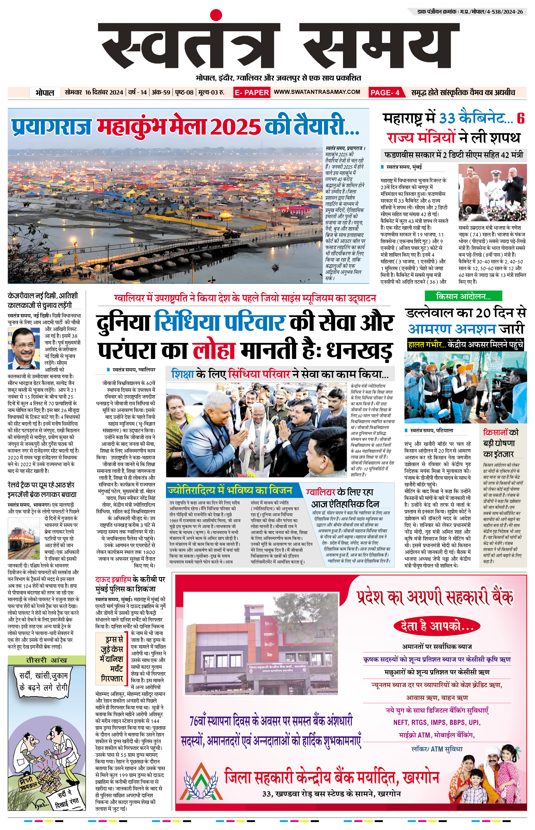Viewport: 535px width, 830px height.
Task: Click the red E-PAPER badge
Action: pos(251,92)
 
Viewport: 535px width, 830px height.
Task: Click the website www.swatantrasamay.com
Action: pos(317,92)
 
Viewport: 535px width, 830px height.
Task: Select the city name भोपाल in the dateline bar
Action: pos(45,93)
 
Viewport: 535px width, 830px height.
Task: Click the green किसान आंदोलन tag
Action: pos(463,296)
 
